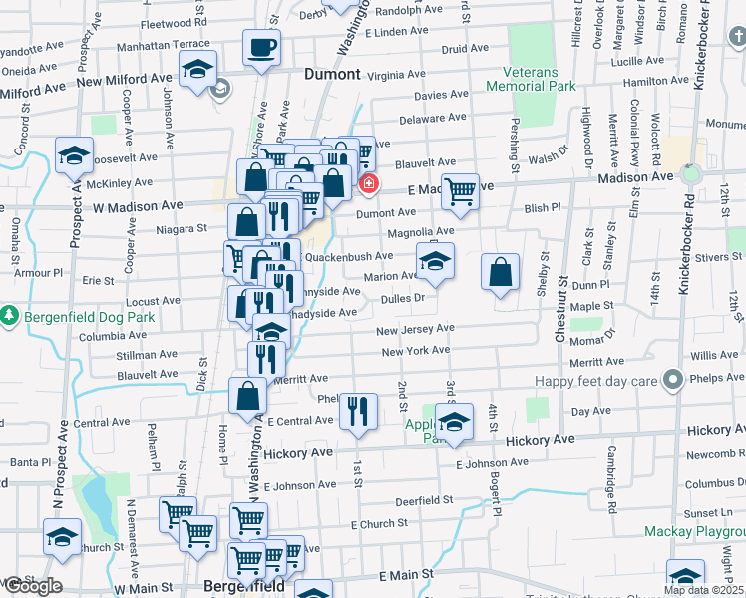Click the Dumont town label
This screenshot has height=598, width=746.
(332, 74)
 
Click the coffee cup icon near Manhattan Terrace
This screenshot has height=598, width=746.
(261, 47)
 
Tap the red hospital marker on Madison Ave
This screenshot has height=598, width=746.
(369, 183)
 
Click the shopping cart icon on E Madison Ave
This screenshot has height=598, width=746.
(459, 190)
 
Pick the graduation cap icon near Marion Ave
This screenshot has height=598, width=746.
(435, 261)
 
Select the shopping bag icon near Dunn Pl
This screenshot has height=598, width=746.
(500, 272)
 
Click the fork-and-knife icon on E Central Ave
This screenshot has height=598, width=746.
(357, 410)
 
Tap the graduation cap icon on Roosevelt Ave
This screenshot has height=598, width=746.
(74, 155)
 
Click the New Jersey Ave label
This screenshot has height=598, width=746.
(415, 329)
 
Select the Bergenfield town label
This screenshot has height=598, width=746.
(245, 587)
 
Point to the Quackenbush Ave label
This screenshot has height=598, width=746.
(341, 256)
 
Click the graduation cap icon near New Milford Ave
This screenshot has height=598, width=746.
(197, 70)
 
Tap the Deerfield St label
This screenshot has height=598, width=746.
(424, 499)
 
